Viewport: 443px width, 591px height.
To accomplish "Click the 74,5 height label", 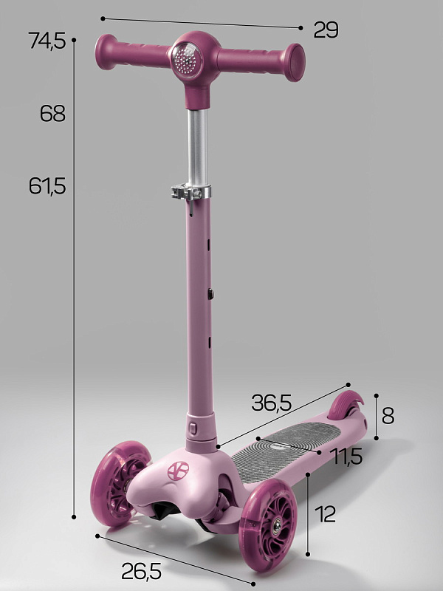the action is pyautogui.click(x=47, y=41).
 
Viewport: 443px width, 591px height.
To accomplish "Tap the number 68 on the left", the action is pyautogui.click(x=52, y=113).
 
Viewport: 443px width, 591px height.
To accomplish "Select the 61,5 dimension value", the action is pyautogui.click(x=47, y=186).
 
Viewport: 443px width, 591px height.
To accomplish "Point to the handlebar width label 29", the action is pyautogui.click(x=326, y=30).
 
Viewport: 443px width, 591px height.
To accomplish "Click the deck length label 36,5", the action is pyautogui.click(x=271, y=403).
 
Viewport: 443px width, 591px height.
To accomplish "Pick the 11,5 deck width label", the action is pyautogui.click(x=347, y=456).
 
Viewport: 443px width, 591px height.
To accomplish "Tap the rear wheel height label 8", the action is pyautogui.click(x=388, y=416).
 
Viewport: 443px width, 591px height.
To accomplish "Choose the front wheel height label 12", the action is pyautogui.click(x=325, y=514).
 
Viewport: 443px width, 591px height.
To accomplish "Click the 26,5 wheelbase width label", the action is pyautogui.click(x=141, y=571).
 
